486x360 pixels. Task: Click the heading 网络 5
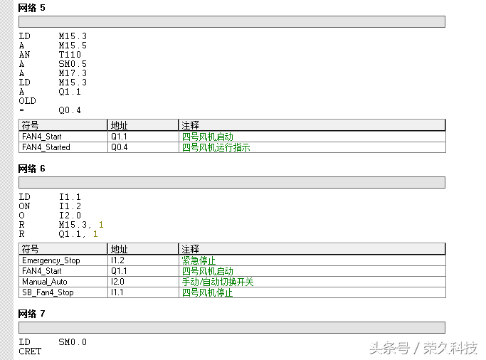tap(31, 7)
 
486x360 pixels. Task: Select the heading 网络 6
tap(31, 169)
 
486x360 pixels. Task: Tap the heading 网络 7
tap(31, 313)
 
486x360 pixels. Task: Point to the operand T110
tap(70, 55)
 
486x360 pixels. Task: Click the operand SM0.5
tap(73, 64)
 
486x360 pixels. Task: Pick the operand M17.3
tap(73, 73)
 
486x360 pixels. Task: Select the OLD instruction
tap(27, 101)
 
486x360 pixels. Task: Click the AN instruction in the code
tap(24, 55)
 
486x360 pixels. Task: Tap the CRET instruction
tap(30, 351)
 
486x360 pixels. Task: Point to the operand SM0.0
tap(73, 342)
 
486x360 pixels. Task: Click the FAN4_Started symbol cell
tap(46, 147)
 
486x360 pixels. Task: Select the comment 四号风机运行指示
tap(216, 147)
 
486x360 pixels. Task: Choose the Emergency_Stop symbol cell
tap(51, 260)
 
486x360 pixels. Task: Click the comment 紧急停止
tap(199, 260)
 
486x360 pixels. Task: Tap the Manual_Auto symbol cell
tap(45, 282)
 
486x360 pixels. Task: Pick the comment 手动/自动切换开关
tap(218, 282)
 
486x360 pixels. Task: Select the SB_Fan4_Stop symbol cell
tap(48, 292)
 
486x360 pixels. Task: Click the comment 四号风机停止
tap(208, 292)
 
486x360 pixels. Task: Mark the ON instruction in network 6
tap(24, 206)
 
